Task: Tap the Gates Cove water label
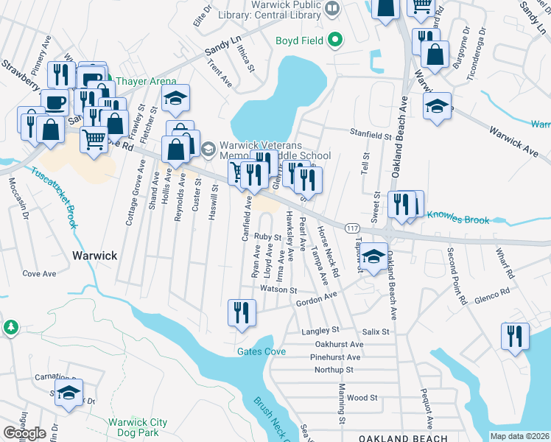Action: [261, 351]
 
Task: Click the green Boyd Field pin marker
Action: [336, 39]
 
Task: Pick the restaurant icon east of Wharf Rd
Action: [514, 336]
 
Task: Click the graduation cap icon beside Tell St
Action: [374, 257]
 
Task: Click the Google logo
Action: [24, 433]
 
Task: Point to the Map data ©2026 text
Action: [519, 436]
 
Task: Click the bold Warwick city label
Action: [94, 256]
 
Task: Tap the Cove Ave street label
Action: [39, 273]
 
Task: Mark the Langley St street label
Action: [320, 331]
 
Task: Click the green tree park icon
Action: [11, 326]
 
